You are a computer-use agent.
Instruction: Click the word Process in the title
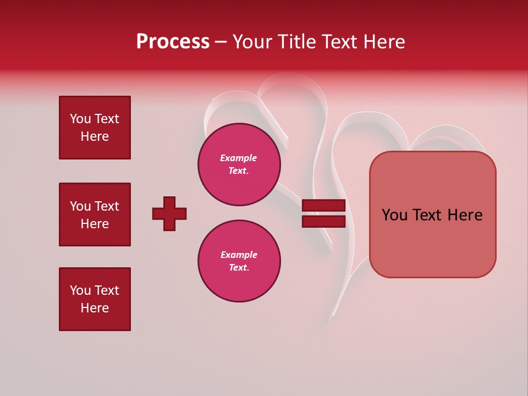pyautogui.click(x=173, y=42)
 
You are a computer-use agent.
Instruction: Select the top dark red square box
pyautogui.click(x=95, y=128)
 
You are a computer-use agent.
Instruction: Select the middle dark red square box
pyautogui.click(x=95, y=215)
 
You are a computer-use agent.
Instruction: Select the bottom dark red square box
pyautogui.click(x=95, y=299)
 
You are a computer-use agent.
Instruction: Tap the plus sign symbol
pyautogui.click(x=169, y=213)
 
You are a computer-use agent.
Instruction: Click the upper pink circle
pyautogui.click(x=239, y=164)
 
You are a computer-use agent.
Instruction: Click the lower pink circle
pyautogui.click(x=239, y=261)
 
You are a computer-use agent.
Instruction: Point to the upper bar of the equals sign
pyautogui.click(x=323, y=205)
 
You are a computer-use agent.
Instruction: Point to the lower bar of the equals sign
pyautogui.click(x=323, y=221)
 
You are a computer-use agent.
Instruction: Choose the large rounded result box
pyautogui.click(x=432, y=215)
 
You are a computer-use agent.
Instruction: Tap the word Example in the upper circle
pyautogui.click(x=238, y=158)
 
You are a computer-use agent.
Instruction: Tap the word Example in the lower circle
pyautogui.click(x=238, y=255)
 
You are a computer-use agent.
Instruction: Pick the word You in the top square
pyautogui.click(x=80, y=119)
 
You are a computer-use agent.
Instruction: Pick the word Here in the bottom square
pyautogui.click(x=95, y=308)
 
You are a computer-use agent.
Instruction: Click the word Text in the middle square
pyautogui.click(x=107, y=206)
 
